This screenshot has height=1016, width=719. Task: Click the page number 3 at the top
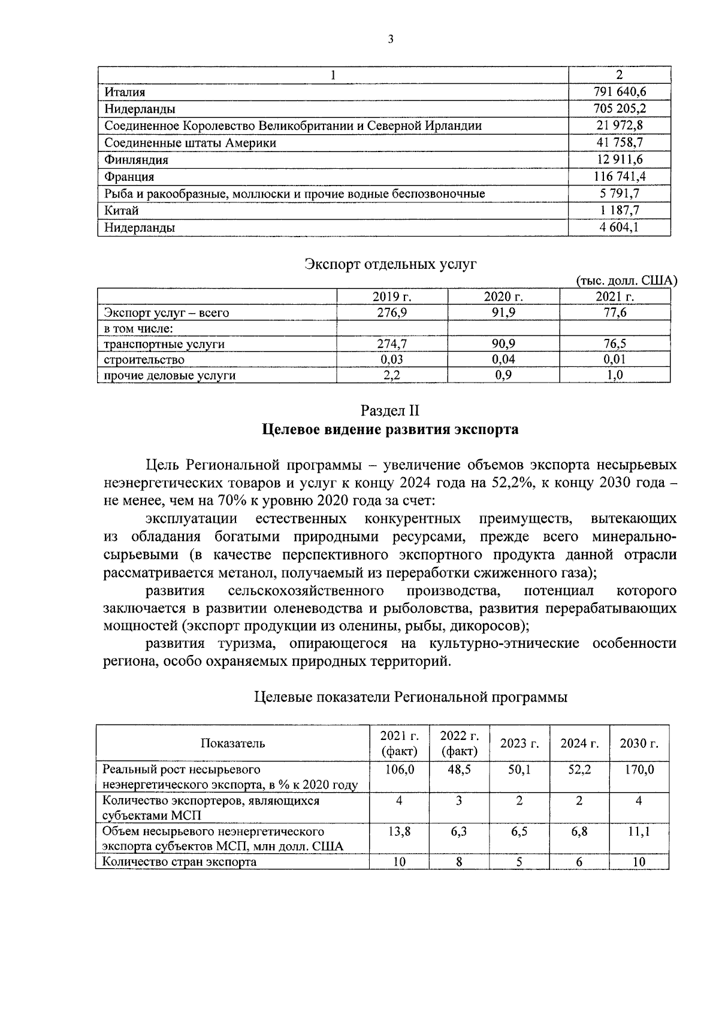(391, 40)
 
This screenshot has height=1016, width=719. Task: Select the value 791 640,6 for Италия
(619, 92)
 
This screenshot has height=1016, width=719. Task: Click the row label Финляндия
(136, 160)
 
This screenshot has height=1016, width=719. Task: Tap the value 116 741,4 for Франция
(619, 177)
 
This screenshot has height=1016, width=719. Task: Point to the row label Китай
(122, 211)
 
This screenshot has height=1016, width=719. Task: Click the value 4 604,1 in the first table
(619, 228)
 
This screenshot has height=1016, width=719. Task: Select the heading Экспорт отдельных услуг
(391, 264)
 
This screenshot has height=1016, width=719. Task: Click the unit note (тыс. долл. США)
(626, 281)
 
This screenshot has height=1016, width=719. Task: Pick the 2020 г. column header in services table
(503, 297)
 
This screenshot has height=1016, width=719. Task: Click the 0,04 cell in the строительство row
(503, 359)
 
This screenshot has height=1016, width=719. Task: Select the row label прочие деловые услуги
(170, 375)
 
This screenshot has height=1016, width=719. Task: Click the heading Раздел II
(390, 411)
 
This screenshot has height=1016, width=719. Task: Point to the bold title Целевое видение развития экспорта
(390, 430)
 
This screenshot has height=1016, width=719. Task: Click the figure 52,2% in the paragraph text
(512, 483)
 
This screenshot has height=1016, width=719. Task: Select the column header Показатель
(232, 744)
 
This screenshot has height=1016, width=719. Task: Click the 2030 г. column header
(639, 744)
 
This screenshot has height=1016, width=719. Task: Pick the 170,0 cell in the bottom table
(639, 769)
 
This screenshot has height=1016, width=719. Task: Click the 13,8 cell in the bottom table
(399, 832)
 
